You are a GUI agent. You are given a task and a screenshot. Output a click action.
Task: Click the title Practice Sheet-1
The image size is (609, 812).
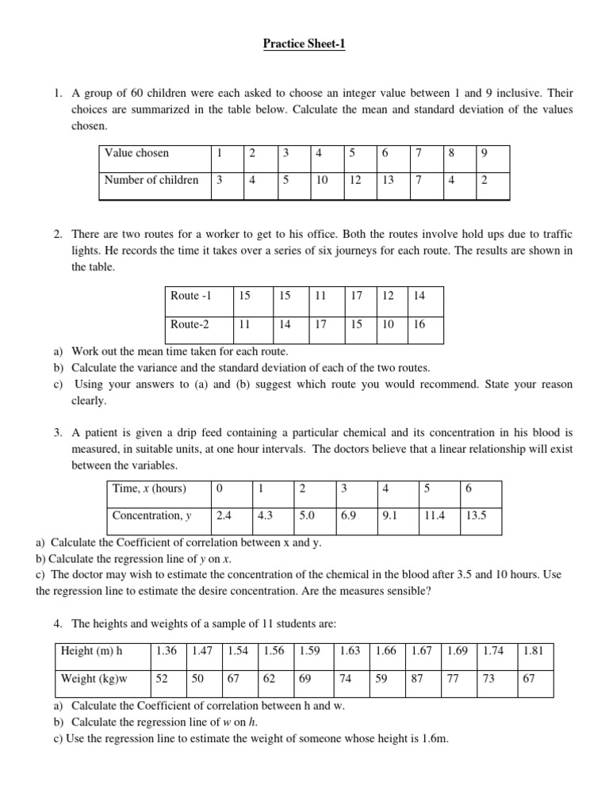[304, 44]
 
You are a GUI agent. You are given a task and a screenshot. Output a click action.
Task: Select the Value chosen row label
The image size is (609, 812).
[136, 153]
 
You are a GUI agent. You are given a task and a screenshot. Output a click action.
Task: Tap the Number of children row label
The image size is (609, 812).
[151, 180]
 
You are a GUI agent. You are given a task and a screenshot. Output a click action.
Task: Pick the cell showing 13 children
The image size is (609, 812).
[388, 180]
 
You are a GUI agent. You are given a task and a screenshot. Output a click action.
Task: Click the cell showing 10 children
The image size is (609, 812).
[322, 180]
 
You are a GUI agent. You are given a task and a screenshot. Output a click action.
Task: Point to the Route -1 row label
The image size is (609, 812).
[191, 296]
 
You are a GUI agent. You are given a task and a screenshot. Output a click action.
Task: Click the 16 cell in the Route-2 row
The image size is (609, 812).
[419, 324]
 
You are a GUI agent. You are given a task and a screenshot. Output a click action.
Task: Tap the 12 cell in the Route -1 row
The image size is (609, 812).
[388, 296]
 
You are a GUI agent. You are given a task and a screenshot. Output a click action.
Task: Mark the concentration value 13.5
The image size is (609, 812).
[476, 515]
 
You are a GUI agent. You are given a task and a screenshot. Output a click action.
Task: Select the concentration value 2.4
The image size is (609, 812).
[224, 515]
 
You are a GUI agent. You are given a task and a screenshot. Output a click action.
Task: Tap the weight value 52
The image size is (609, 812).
[163, 679]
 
